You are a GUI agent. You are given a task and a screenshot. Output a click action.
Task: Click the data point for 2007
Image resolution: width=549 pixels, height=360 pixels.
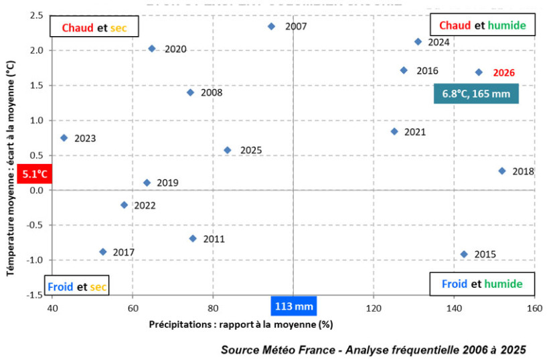(271, 26)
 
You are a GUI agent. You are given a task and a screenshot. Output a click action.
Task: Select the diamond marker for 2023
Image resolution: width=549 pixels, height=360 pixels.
(64, 138)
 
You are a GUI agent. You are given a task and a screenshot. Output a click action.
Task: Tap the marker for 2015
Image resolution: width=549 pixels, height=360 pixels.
(464, 254)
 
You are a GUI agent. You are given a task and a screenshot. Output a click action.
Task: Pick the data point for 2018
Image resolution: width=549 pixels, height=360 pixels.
(502, 171)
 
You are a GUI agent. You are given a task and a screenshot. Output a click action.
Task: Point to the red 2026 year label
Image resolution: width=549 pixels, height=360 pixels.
(504, 72)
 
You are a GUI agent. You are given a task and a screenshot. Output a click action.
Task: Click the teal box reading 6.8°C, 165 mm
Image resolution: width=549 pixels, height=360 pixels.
(475, 94)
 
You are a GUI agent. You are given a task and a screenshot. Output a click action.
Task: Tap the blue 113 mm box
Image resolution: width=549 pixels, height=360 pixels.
(293, 307)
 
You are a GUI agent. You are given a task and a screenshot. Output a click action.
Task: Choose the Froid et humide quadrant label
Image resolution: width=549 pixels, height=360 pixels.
(481, 284)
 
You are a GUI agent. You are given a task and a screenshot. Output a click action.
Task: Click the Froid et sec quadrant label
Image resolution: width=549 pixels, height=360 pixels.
(77, 286)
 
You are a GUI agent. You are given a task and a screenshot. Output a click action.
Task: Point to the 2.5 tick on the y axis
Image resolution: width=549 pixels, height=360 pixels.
(37, 15)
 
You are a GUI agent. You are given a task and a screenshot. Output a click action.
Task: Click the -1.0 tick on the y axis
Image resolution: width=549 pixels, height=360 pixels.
(35, 260)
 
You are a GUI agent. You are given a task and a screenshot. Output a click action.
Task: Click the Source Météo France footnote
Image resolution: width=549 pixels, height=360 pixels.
(374, 349)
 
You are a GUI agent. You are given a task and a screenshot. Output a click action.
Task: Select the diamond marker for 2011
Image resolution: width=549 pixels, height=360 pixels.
(193, 238)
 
